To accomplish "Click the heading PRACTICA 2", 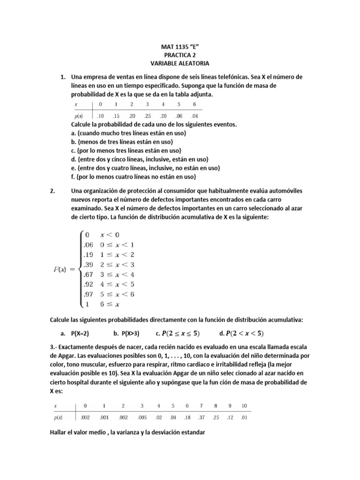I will click(180, 54).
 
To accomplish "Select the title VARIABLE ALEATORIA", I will click(180, 63).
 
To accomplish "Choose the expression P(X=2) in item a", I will click(80, 334).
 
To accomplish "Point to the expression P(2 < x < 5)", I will click(244, 334).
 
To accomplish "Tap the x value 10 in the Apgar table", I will click(244, 405).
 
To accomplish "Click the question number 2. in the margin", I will click(52, 191).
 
